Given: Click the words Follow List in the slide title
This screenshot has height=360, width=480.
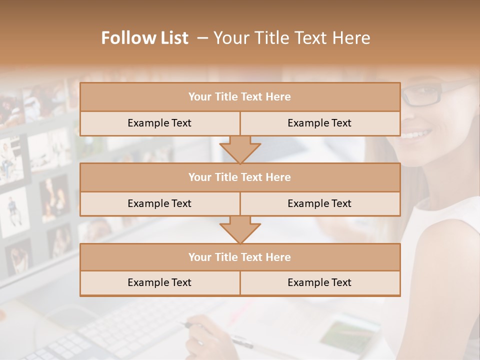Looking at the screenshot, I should point(144,38).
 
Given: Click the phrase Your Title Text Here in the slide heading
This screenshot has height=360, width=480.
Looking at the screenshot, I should point(291,38).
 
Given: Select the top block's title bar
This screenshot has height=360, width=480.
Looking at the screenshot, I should point(239,97).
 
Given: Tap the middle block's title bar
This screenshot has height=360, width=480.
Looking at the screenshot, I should point(239,177).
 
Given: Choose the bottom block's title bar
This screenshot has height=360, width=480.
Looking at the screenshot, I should point(239,257).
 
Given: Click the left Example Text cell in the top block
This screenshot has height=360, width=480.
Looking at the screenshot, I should point(159,123).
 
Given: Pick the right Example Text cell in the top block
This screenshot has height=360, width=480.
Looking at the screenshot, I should point(319,123).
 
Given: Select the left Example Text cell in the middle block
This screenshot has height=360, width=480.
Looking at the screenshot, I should point(159,203).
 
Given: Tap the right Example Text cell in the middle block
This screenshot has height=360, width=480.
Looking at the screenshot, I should point(319,203).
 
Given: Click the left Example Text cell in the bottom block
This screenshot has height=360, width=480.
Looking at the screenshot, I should point(159,283).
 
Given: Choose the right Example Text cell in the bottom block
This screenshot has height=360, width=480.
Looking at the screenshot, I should point(319,283).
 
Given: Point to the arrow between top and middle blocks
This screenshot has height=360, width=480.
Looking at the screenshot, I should point(240,149).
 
